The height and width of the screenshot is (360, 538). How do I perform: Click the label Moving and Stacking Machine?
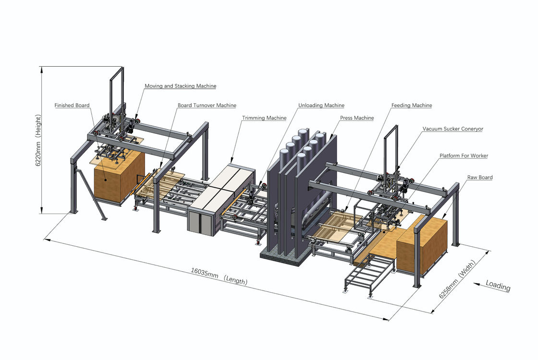[180, 86]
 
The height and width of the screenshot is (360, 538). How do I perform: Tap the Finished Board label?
[72, 105]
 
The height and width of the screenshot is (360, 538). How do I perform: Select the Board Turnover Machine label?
[207, 105]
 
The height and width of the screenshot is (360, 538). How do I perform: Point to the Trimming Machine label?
[264, 118]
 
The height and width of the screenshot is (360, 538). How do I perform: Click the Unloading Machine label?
[321, 105]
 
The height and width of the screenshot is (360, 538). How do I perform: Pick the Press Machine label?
[356, 118]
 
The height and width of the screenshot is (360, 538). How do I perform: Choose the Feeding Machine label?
[411, 105]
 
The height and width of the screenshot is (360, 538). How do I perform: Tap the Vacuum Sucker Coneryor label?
[452, 129]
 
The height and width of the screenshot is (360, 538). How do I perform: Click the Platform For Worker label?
[464, 156]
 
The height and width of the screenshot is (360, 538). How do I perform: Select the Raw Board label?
[479, 177]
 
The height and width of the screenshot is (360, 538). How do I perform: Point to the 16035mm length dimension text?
[219, 278]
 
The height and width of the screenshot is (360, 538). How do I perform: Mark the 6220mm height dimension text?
[38, 140]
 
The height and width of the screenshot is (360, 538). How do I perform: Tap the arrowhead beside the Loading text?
[477, 284]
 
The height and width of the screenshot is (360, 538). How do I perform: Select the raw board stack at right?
[423, 245]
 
